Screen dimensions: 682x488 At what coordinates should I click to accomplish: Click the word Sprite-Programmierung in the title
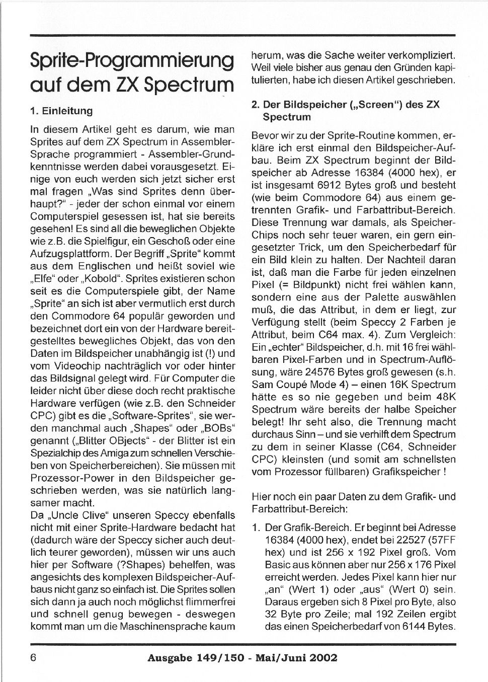[x=132, y=61]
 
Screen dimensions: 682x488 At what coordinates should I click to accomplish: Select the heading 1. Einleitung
[x=61, y=111]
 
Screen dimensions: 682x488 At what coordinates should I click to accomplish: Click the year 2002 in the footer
[x=320, y=658]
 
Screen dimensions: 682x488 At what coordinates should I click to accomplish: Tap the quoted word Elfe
[x=44, y=279]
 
